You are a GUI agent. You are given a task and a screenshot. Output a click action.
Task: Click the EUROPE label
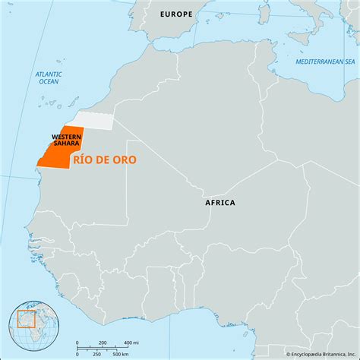175,14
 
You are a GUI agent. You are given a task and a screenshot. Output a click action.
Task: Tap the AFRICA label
220,203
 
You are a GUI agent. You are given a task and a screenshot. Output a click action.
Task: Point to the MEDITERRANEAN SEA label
324,60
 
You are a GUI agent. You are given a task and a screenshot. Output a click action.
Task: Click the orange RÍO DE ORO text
105,162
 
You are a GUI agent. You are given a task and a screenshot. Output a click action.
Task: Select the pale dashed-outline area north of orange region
93,119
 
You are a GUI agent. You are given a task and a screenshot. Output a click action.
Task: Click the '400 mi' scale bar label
130,343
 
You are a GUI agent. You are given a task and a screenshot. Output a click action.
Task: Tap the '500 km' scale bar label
118,353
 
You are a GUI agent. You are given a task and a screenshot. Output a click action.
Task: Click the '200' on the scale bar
102,343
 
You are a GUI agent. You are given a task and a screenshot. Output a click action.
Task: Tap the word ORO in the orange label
125,162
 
